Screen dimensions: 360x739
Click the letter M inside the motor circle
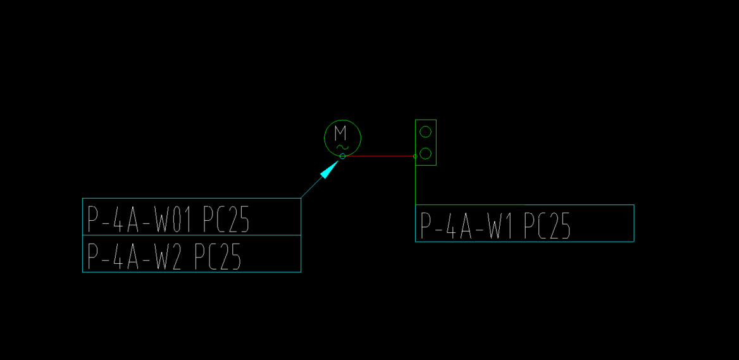(341, 132)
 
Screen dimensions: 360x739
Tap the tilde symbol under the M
(342, 147)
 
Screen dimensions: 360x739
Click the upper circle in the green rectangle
(426, 132)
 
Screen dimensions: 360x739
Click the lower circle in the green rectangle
(426, 153)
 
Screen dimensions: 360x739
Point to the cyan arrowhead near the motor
(329, 169)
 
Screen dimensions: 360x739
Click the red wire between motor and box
(380, 156)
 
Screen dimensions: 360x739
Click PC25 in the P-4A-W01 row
(226, 219)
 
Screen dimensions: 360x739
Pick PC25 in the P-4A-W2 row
(217, 256)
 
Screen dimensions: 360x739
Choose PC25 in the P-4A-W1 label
(547, 226)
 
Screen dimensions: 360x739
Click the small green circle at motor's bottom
(342, 156)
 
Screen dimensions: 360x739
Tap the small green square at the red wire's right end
(415, 156)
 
